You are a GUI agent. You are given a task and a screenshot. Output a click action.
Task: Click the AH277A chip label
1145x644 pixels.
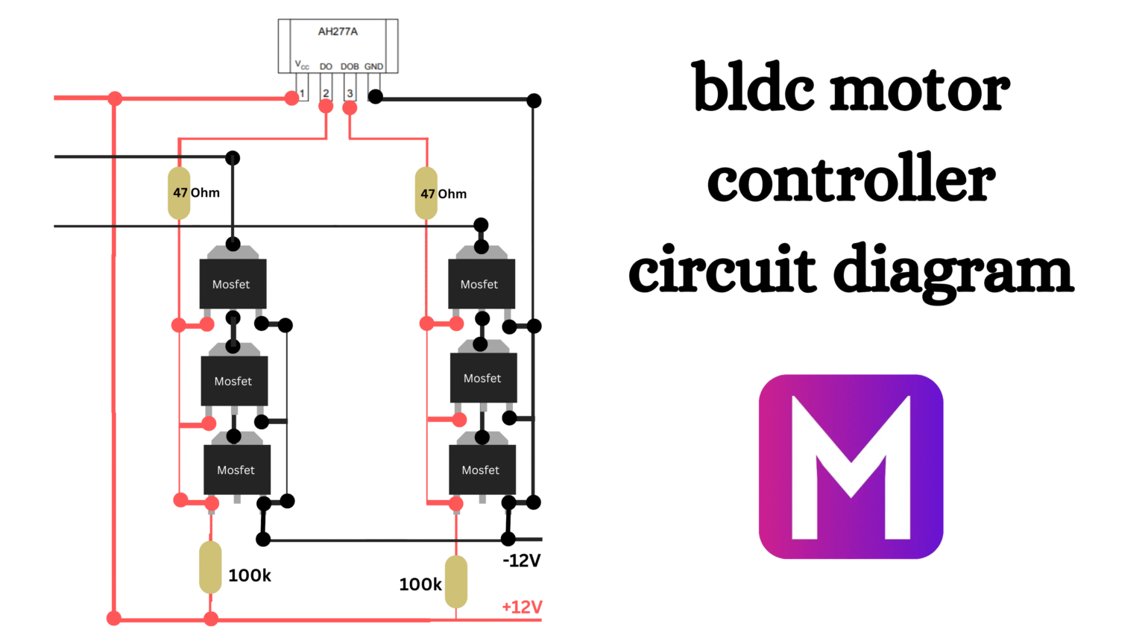[x=338, y=31]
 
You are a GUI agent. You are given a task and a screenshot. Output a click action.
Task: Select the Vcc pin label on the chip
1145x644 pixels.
[x=302, y=66]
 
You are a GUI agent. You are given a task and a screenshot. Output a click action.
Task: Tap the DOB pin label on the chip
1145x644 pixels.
[x=350, y=66]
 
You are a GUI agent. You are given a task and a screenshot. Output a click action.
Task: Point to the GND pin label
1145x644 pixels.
[x=373, y=66]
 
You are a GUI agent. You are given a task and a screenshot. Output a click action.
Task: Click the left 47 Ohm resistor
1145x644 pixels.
[x=179, y=193]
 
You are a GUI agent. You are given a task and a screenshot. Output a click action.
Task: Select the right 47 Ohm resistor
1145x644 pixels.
[x=426, y=193]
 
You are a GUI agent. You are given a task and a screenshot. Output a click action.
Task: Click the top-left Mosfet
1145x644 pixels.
[x=233, y=283]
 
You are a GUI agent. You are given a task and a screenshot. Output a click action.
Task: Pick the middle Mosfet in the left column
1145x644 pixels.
[x=234, y=381]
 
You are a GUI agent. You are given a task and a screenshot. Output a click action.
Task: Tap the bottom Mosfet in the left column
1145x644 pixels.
[x=237, y=470]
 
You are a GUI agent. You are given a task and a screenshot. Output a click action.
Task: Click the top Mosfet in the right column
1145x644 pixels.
[x=481, y=283]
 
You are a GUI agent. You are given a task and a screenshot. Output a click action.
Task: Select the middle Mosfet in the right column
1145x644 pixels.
[x=483, y=378]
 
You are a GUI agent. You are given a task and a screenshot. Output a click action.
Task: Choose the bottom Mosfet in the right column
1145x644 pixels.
[x=482, y=470]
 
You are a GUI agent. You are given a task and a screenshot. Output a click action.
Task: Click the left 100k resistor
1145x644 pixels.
[x=210, y=567]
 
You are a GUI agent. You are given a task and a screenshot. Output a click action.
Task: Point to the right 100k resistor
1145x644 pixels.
[x=456, y=581]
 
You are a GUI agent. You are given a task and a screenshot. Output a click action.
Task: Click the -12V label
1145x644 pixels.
[x=521, y=561]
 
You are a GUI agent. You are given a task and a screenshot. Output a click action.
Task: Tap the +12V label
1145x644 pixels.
[x=522, y=607]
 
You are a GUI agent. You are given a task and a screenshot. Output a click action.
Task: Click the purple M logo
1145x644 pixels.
[x=851, y=467]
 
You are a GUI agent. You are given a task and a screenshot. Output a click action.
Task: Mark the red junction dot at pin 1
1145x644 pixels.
[x=291, y=98]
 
